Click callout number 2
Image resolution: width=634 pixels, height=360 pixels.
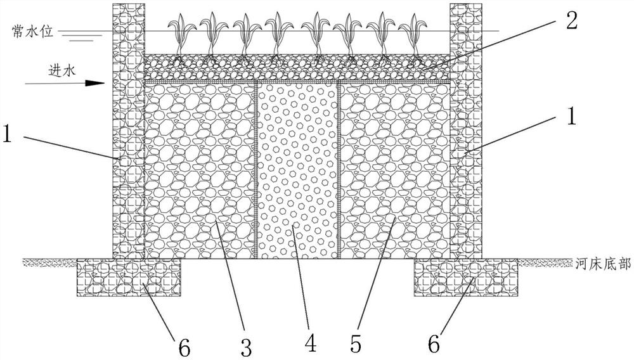571,20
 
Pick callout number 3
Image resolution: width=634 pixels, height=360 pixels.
246,345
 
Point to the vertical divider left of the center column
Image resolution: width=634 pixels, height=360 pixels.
256,171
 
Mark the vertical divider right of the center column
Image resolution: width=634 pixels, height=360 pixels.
339,171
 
